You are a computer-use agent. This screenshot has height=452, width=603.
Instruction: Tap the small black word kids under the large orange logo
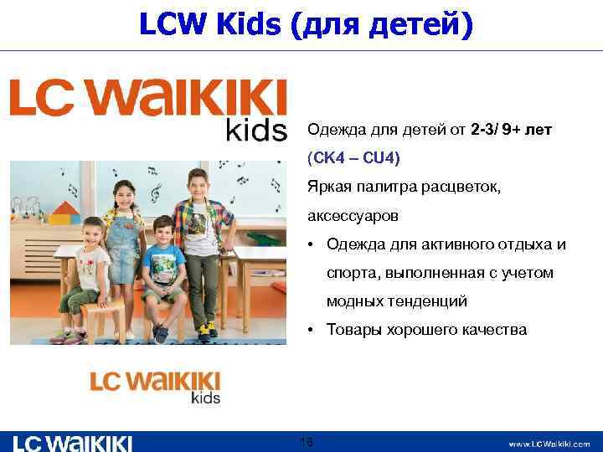click(x=256, y=131)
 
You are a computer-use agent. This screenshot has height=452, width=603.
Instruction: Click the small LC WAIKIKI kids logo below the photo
click(x=156, y=386)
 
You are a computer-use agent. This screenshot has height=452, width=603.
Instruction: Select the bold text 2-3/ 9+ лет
click(x=512, y=131)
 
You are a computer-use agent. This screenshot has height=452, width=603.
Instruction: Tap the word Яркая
click(x=328, y=187)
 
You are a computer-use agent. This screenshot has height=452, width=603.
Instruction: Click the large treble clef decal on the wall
click(x=157, y=193)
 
